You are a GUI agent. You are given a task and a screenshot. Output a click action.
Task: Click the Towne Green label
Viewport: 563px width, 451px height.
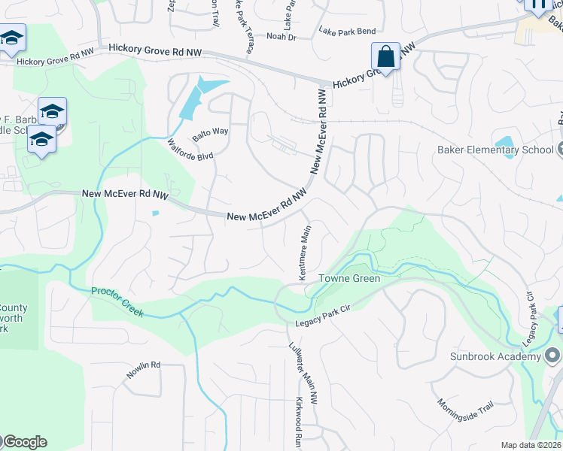point(349,278)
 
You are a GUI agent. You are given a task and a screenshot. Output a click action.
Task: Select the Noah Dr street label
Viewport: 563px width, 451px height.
point(281,37)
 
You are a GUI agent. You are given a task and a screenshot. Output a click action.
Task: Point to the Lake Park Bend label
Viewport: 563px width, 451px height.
point(346,32)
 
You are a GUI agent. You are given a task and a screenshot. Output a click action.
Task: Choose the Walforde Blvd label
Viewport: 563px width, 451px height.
point(191,150)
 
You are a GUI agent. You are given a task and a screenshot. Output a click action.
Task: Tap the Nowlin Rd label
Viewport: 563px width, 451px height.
point(143,370)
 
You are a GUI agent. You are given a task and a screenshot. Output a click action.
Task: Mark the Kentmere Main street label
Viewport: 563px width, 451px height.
point(305,256)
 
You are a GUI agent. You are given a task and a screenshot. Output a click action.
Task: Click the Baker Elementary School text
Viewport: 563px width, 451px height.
point(495,150)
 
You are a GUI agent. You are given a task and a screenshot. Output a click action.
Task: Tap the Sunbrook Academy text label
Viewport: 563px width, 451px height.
point(496,355)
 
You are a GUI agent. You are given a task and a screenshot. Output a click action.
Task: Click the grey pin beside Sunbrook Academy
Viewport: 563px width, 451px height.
point(553,354)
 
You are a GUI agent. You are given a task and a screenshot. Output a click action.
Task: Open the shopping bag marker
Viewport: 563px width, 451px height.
point(385,56)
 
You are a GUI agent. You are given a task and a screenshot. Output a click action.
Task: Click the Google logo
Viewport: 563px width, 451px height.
point(24,442)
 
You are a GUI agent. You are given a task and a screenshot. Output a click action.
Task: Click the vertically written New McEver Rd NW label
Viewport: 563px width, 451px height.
point(320,141)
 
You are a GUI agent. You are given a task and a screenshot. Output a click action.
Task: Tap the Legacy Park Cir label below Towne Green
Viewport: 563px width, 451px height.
point(322,312)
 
